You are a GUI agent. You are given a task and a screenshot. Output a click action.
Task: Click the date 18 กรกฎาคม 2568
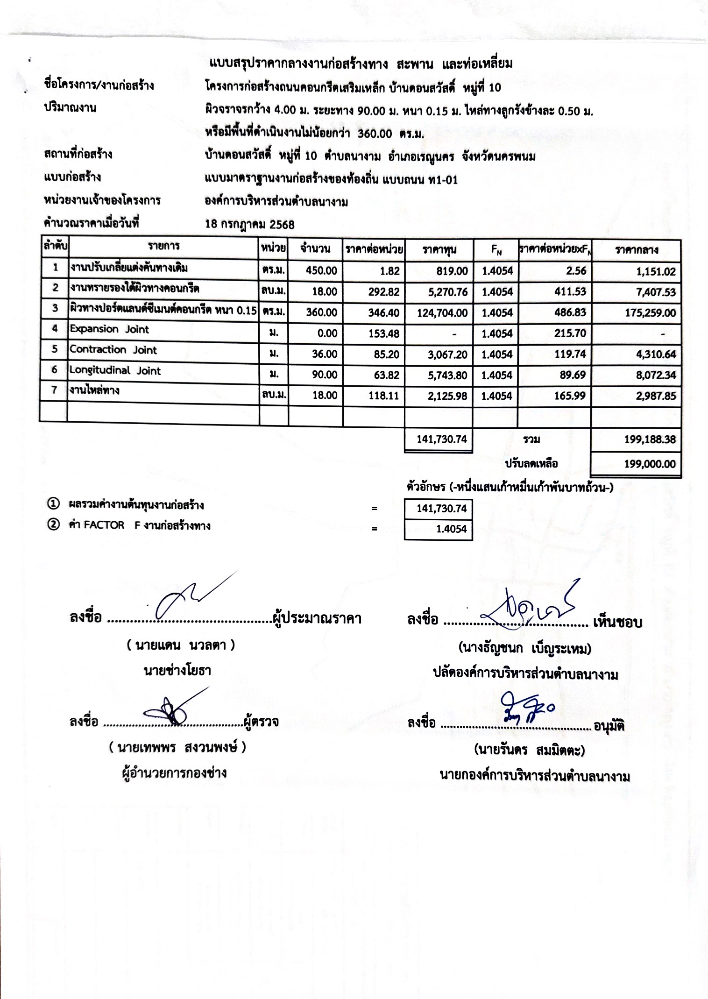(x=250, y=225)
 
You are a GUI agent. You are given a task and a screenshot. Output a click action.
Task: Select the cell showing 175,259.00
(x=650, y=313)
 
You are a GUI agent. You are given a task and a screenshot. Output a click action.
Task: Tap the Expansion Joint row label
(x=109, y=329)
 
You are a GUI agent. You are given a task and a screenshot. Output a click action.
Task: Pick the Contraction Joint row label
(x=113, y=350)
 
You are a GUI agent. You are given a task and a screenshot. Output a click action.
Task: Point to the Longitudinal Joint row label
(x=115, y=371)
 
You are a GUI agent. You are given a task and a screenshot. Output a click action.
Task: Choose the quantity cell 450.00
(x=321, y=271)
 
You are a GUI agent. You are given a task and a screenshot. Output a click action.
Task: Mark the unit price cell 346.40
(x=383, y=313)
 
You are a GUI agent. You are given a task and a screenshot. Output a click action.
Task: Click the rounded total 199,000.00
(x=650, y=464)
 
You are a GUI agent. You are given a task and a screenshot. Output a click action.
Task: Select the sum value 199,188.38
(x=650, y=439)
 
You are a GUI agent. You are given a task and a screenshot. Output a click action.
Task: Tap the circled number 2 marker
(x=54, y=525)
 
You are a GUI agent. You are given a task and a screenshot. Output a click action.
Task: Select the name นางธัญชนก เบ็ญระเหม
(x=524, y=648)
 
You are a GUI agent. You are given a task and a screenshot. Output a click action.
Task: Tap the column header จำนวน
(x=315, y=249)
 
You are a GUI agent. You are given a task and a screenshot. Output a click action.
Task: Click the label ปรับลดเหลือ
(x=531, y=464)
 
